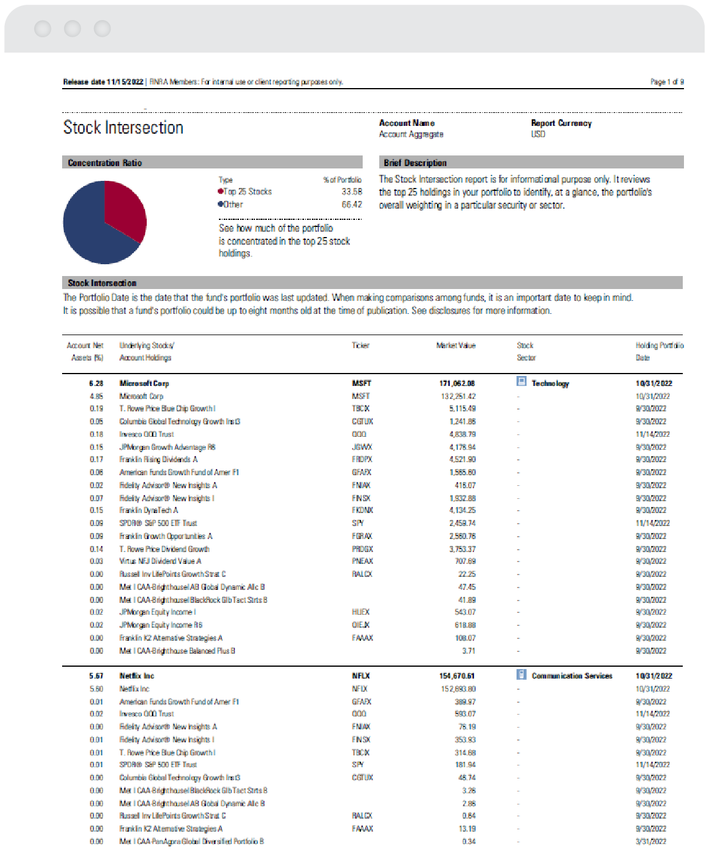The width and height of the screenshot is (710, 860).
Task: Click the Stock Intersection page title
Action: pyautogui.click(x=123, y=128)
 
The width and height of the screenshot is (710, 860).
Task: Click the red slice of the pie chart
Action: pyautogui.click(x=123, y=207)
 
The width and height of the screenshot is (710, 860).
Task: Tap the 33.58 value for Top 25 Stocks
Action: pyautogui.click(x=351, y=192)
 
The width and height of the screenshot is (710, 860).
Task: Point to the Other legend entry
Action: pyautogui.click(x=233, y=205)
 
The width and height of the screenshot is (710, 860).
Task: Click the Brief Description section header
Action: pyautogui.click(x=415, y=163)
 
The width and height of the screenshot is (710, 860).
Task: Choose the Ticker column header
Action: pyautogui.click(x=360, y=345)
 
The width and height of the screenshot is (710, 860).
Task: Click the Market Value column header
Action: pyautogui.click(x=456, y=345)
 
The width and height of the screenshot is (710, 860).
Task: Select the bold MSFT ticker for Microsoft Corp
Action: pyautogui.click(x=361, y=384)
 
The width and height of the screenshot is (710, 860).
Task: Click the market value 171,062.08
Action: pyautogui.click(x=457, y=384)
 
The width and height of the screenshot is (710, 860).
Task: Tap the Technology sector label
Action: pyautogui.click(x=550, y=384)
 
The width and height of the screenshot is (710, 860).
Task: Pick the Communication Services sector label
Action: pyautogui.click(x=572, y=676)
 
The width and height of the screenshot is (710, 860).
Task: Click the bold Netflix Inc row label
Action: pyautogui.click(x=137, y=676)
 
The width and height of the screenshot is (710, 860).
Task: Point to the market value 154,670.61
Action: pyautogui.click(x=457, y=676)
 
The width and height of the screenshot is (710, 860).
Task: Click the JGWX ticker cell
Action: pyautogui.click(x=362, y=447)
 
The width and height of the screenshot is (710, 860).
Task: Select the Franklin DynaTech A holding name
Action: pyautogui.click(x=149, y=510)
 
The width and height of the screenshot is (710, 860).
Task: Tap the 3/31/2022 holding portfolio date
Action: pyautogui.click(x=651, y=841)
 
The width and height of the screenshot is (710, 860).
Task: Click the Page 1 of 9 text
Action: pyautogui.click(x=667, y=82)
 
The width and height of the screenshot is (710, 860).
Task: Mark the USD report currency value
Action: pyautogui.click(x=538, y=134)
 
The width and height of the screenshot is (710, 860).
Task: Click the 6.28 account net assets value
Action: pyautogui.click(x=96, y=384)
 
